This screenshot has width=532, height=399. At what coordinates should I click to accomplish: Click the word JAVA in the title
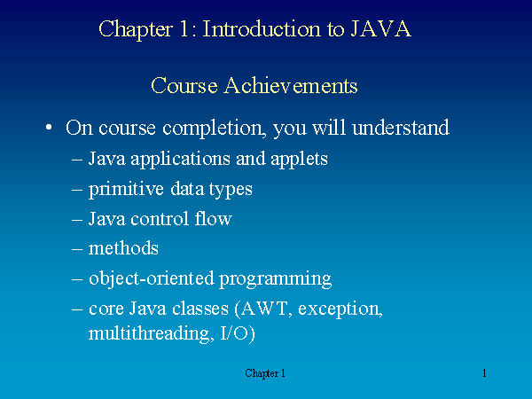(x=380, y=29)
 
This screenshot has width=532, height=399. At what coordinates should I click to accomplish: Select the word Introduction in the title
(x=262, y=29)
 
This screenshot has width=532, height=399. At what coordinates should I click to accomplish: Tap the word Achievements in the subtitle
(x=291, y=85)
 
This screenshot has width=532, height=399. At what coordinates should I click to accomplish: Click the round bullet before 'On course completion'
(x=49, y=128)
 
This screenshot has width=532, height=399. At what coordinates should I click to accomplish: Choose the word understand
(x=401, y=128)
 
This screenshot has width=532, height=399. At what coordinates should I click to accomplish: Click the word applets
(x=299, y=160)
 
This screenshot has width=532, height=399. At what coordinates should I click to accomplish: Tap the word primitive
(x=126, y=190)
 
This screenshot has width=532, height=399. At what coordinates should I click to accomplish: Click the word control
(x=160, y=219)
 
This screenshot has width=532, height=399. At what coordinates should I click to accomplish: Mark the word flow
(x=214, y=218)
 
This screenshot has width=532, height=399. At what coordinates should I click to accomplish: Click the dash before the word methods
(x=77, y=249)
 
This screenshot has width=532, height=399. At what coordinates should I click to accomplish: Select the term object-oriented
(x=152, y=279)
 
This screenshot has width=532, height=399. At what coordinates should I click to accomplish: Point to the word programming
(x=275, y=280)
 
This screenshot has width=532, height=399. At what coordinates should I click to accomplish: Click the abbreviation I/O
(x=235, y=333)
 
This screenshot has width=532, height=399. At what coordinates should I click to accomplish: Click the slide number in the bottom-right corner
(x=484, y=373)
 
